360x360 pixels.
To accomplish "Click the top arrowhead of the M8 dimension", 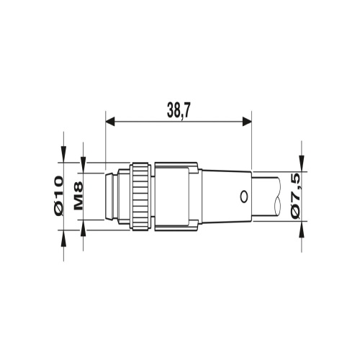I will point(86,168).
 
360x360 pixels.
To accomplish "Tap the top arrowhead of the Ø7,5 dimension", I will point(301,165).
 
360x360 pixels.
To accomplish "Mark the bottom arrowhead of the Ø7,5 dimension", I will point(301,225).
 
